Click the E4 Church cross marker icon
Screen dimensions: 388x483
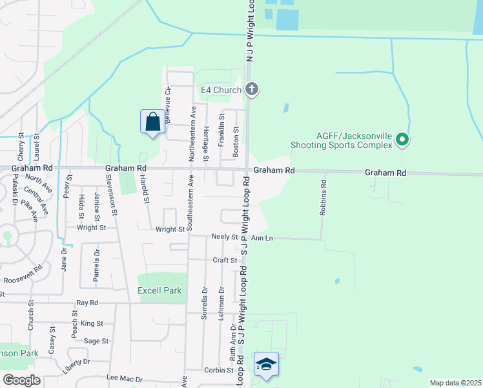tap(252, 89)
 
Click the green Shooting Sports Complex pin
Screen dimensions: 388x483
tap(402, 139)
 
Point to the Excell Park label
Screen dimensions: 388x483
tap(159, 291)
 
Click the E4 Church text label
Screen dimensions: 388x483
tap(221, 90)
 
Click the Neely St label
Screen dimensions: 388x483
tap(225, 237)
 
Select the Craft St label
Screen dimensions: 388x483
tap(225, 260)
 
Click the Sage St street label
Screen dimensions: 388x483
tap(96, 341)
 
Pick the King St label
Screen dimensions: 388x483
tap(92, 323)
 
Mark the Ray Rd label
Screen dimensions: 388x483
tap(87, 303)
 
